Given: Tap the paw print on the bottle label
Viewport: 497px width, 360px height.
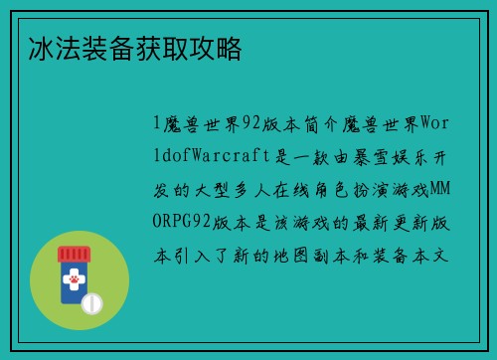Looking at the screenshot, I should [x=73, y=283].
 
